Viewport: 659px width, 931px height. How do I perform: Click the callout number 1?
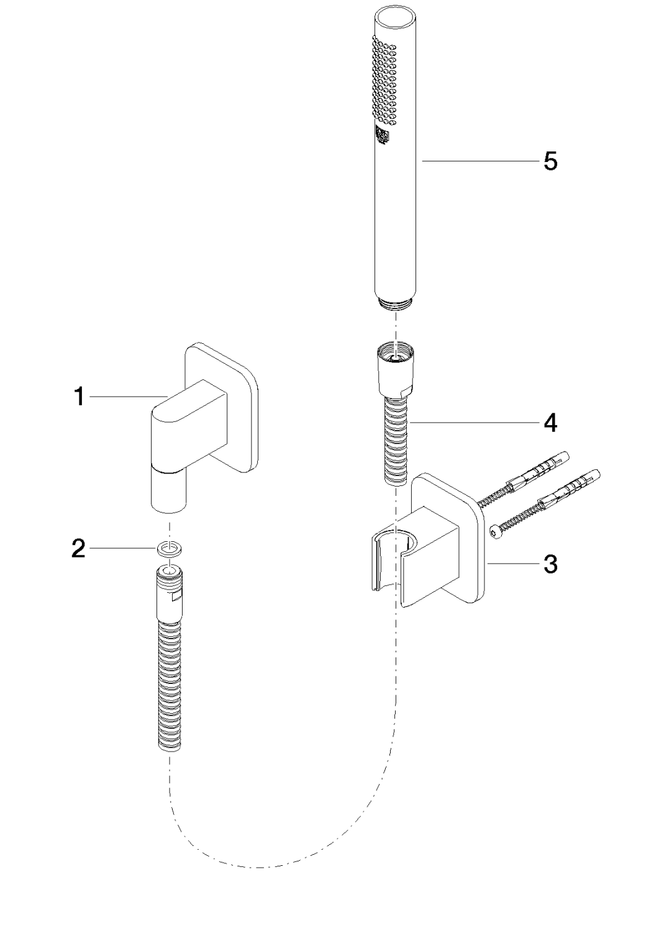point(80,396)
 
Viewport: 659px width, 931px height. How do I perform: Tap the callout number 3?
point(550,564)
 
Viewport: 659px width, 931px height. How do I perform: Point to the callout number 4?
point(550,423)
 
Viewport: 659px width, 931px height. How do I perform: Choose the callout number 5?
point(550,161)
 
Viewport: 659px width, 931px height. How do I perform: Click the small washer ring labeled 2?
point(170,549)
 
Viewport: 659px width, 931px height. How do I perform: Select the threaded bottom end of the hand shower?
point(396,304)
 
